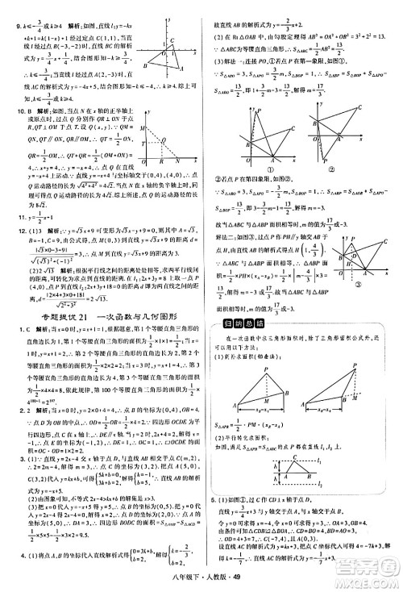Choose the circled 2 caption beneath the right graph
tap(332, 170)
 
